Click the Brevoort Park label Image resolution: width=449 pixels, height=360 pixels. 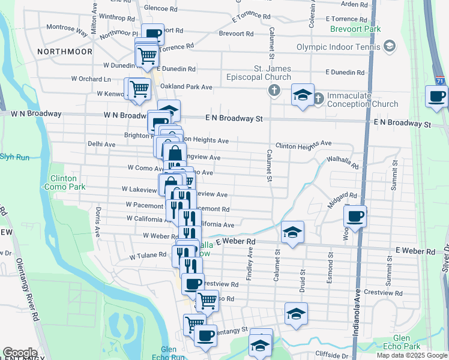355,29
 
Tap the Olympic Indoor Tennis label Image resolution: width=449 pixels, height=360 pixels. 339,47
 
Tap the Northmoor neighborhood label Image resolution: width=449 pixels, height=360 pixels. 65,52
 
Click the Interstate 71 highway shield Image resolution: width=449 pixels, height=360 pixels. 441,80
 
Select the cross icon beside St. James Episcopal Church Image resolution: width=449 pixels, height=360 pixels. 274,91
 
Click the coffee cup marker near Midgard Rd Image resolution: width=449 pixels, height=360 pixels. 355,216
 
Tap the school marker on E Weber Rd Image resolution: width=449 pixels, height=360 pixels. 292,232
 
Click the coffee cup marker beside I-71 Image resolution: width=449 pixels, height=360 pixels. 436,96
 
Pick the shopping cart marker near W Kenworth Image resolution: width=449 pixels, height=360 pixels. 139,88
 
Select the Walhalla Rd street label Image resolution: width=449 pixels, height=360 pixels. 342,162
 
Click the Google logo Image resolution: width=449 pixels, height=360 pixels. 19,353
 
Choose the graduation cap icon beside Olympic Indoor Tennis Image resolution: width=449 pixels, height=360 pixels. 390,46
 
